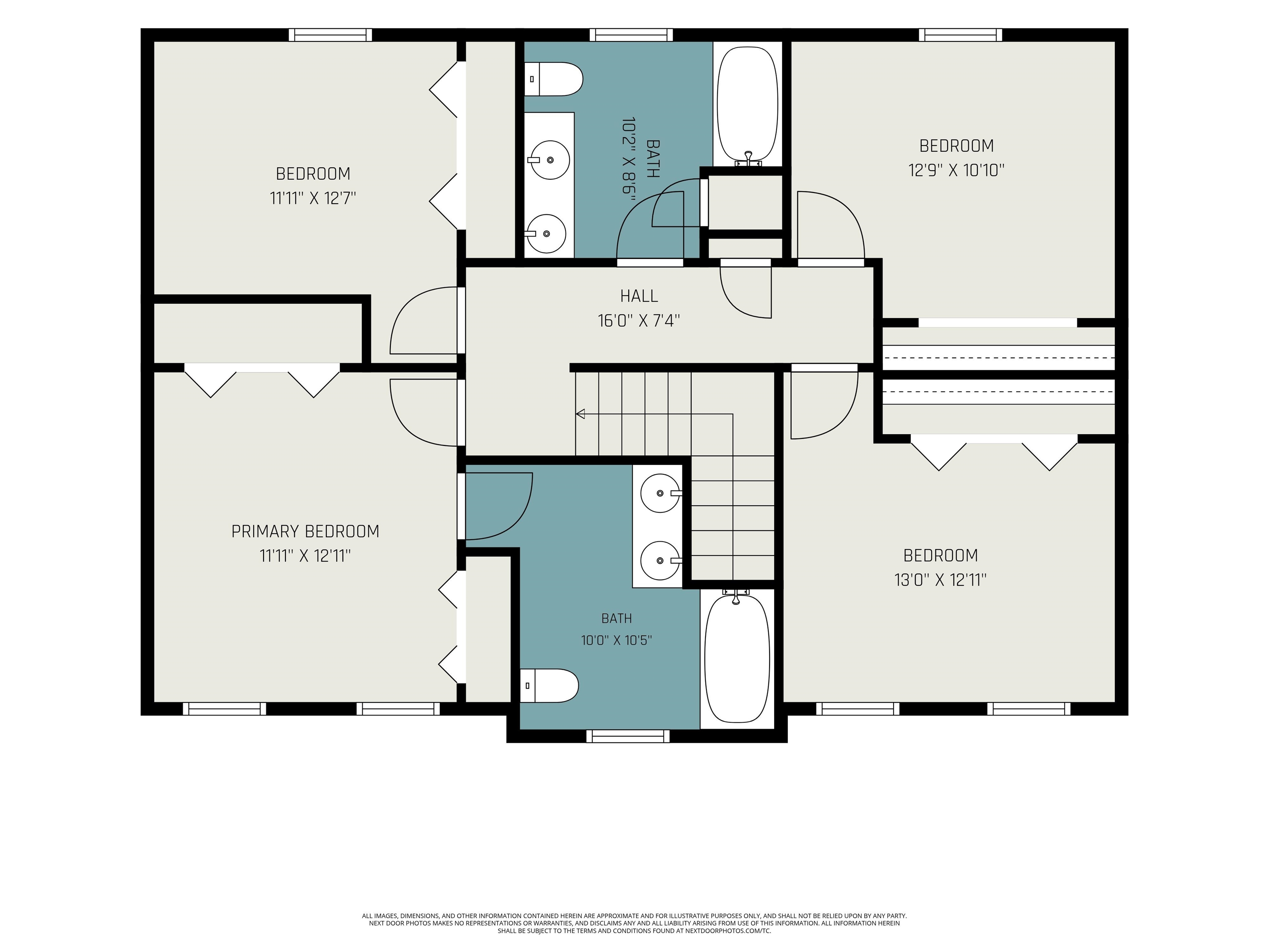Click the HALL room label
click(x=639, y=296)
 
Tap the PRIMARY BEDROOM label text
click(x=305, y=531)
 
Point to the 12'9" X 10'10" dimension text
click(x=956, y=170)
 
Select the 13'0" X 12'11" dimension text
click(x=940, y=580)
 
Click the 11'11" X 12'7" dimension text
click(x=313, y=198)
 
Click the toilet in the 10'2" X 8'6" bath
click(x=554, y=79)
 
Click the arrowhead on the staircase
click(x=580, y=414)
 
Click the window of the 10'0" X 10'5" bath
click(x=627, y=735)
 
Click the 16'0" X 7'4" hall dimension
click(x=639, y=320)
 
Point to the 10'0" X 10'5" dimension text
click(x=617, y=640)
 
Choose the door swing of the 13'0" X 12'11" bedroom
click(x=825, y=405)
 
